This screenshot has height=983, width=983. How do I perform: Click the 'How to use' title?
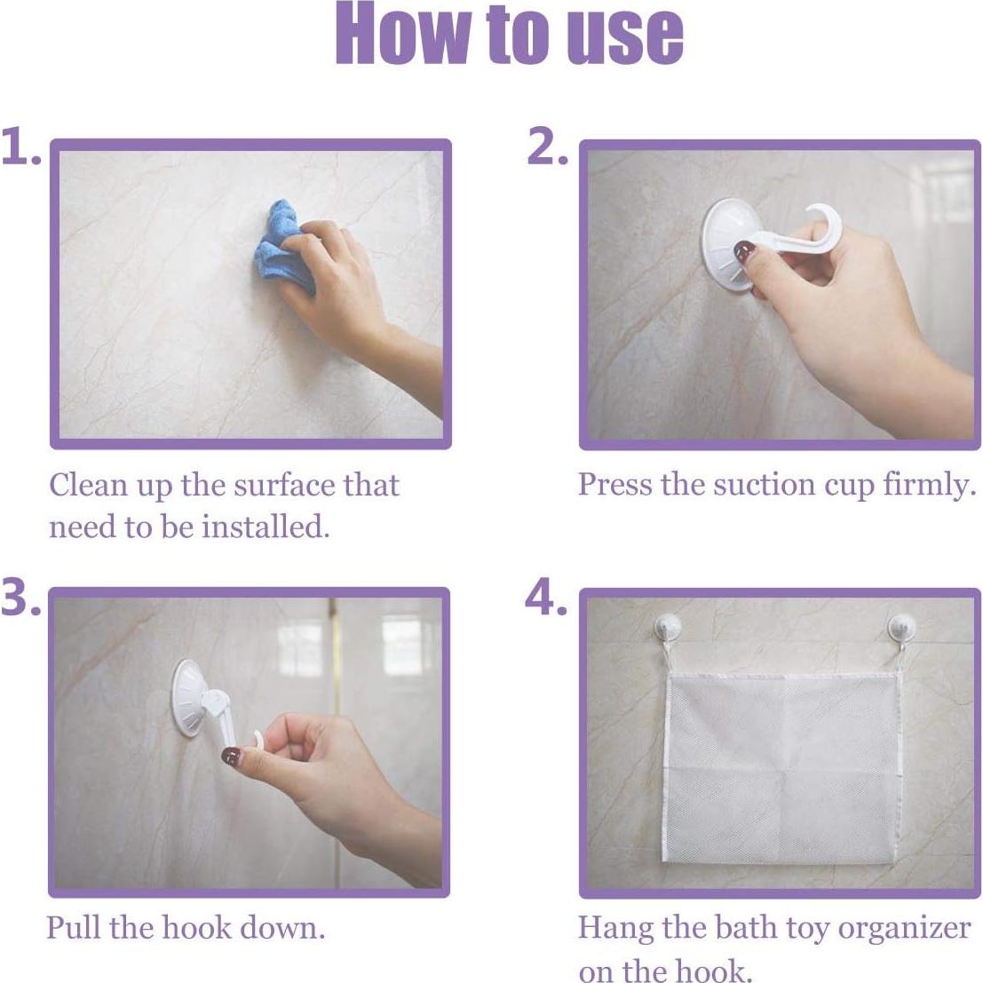509,36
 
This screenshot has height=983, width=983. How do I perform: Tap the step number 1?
20,147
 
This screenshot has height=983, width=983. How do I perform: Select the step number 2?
546,147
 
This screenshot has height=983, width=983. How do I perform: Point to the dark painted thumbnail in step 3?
231,757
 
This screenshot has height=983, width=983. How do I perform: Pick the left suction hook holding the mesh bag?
664,630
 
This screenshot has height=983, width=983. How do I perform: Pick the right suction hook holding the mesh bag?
900,630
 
